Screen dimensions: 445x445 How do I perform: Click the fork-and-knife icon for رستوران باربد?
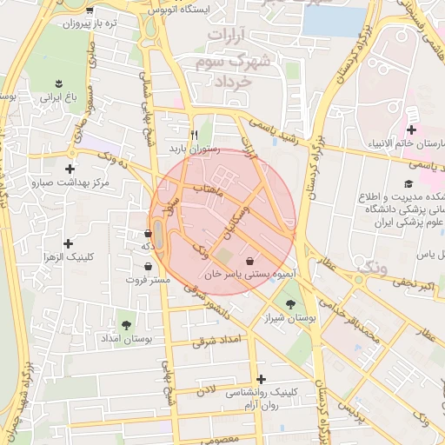(194, 135)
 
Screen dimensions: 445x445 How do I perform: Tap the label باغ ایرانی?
(57, 98)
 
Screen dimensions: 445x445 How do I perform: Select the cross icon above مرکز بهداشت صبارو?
(70, 168)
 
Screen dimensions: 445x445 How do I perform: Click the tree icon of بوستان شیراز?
(289, 303)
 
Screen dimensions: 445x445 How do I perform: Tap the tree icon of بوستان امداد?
(127, 323)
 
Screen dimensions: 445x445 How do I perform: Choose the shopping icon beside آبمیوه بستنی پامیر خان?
(250, 260)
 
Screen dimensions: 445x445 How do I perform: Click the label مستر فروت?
(147, 281)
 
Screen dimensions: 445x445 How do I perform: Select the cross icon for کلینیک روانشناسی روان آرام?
(262, 378)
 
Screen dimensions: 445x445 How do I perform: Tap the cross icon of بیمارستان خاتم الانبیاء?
(410, 130)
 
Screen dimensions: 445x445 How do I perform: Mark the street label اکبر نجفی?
(413, 284)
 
